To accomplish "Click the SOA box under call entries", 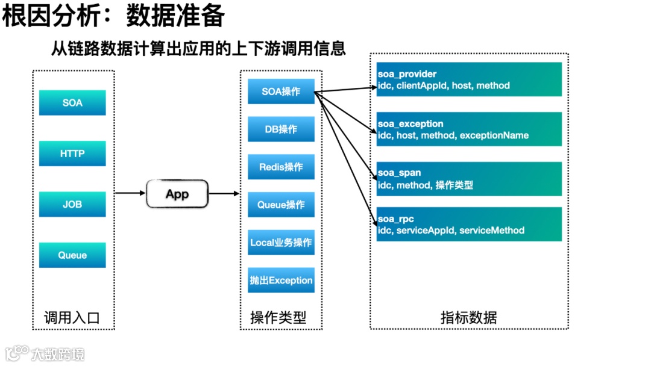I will pos(72,103).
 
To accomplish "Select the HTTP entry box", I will pos(72,154).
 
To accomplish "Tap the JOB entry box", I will pos(72,204).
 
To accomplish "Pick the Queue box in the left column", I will pos(72,255).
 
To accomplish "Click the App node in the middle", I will pos(177,194).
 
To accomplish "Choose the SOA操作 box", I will pos(281,91).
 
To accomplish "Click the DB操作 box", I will pos(281,129).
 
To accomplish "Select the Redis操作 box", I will pos(281,167).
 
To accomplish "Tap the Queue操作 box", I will pos(281,205).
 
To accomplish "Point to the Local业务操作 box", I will pos(281,243).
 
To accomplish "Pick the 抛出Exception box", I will pos(281,281).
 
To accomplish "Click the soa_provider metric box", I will pos(469,79).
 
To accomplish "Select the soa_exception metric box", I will pos(469,129).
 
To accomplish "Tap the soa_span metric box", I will pos(469,179).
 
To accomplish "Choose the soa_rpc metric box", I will pos(469,225).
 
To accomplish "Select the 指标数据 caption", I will pos(468,317).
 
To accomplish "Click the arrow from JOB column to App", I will pos(130,193).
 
